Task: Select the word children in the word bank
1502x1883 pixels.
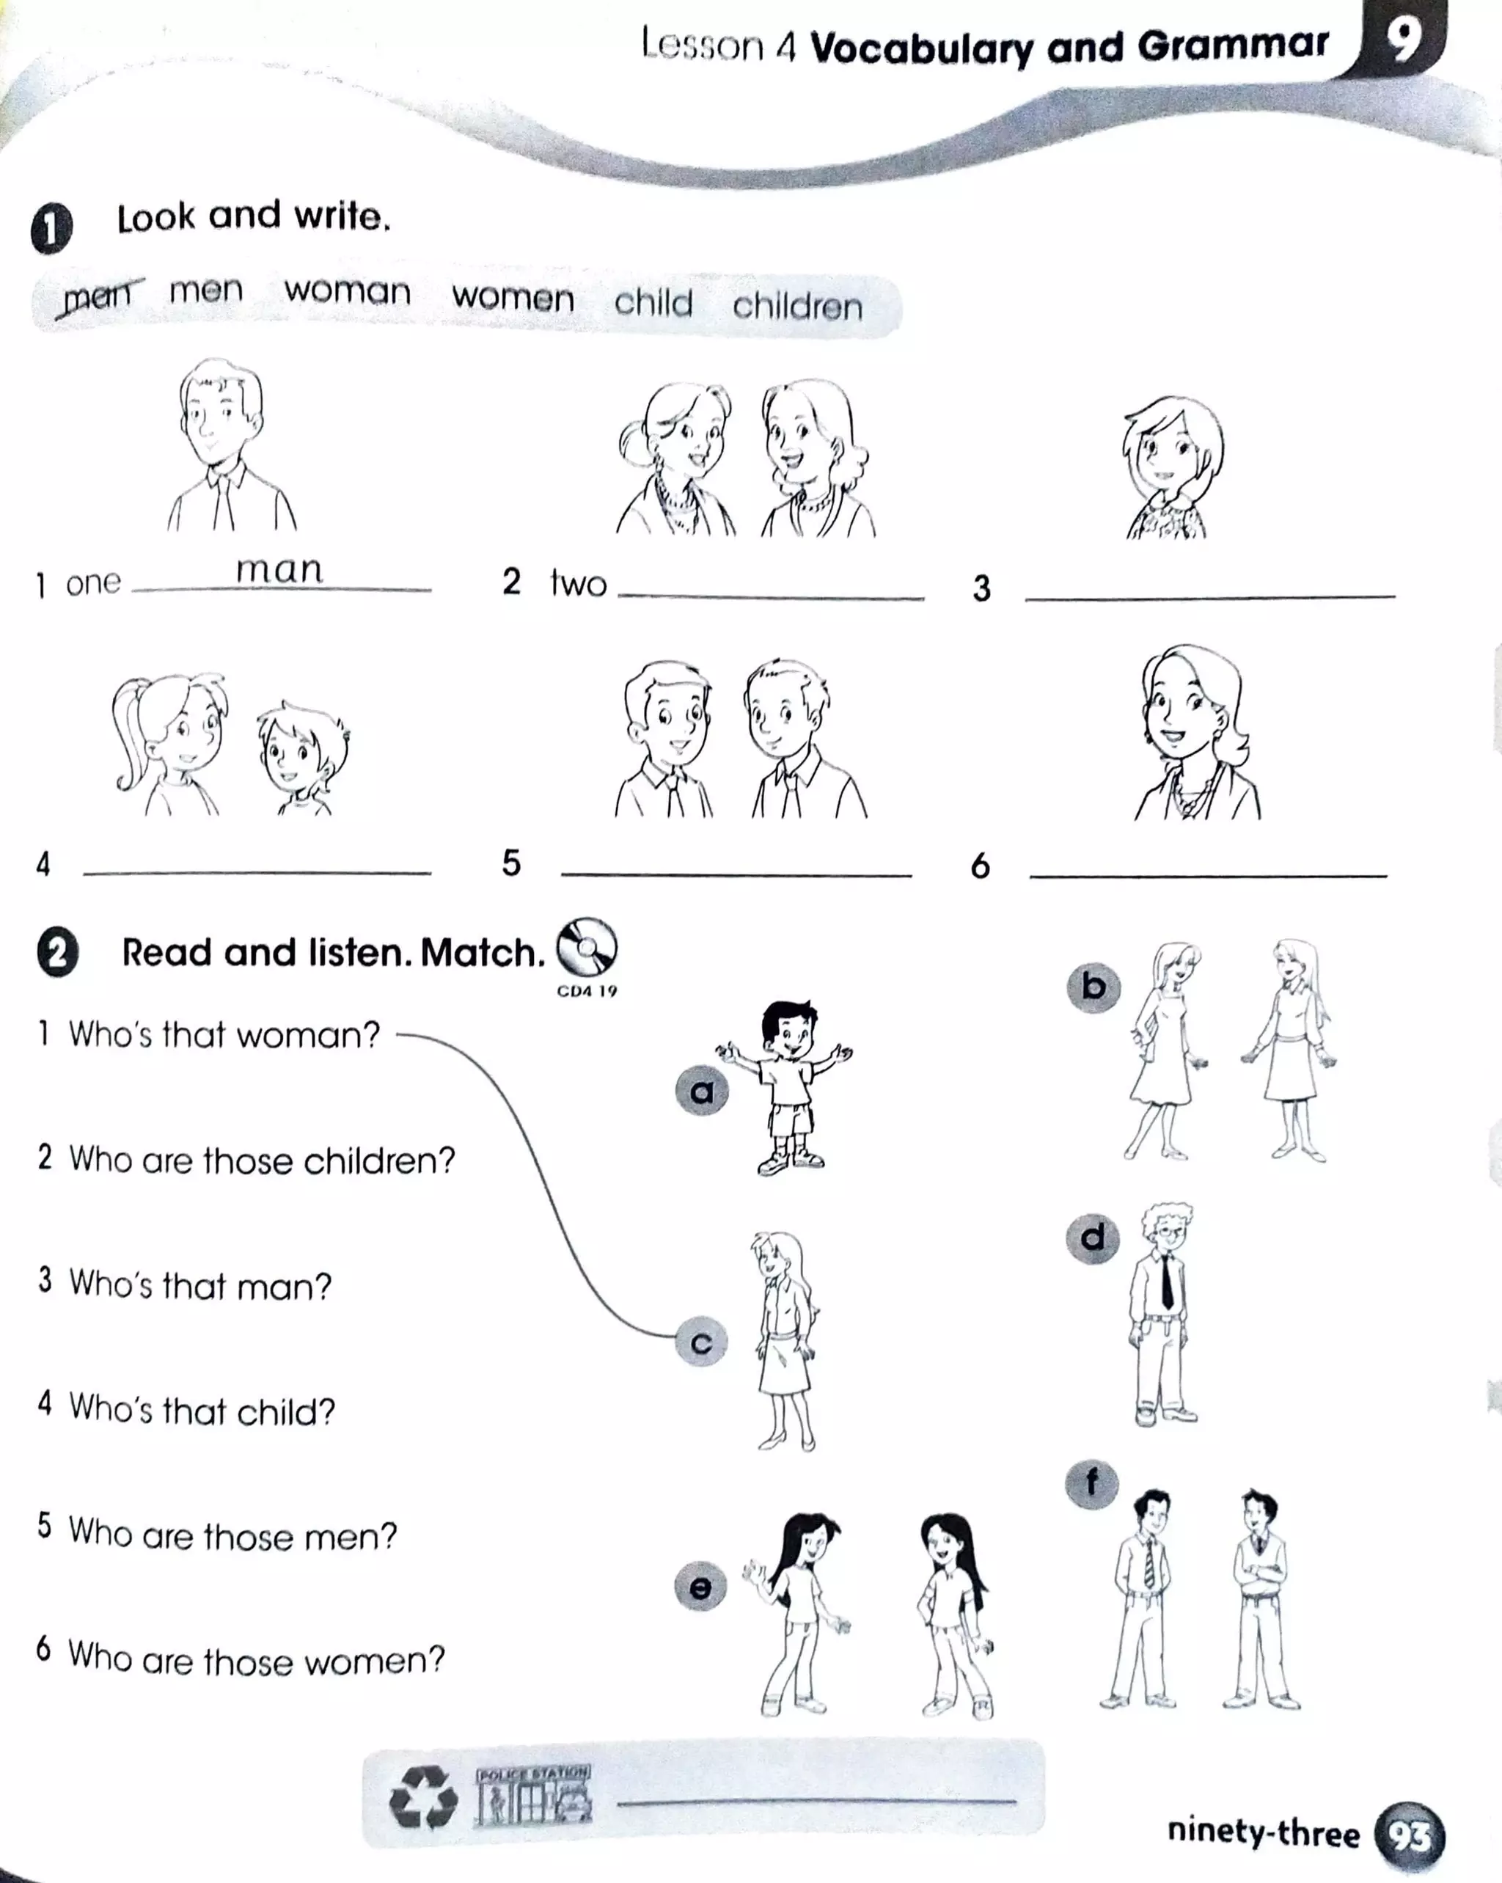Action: pyautogui.click(x=797, y=306)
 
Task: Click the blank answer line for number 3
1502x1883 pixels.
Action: pyautogui.click(x=1209, y=596)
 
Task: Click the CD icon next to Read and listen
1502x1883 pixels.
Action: pyautogui.click(x=587, y=948)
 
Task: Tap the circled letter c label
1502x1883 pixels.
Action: pyautogui.click(x=701, y=1342)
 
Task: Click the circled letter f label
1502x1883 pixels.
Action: pyautogui.click(x=1091, y=1482)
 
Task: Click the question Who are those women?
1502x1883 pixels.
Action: pyautogui.click(x=256, y=1658)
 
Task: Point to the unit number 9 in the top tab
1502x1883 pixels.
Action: pyautogui.click(x=1402, y=40)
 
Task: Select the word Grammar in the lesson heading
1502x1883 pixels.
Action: pyautogui.click(x=1233, y=45)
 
